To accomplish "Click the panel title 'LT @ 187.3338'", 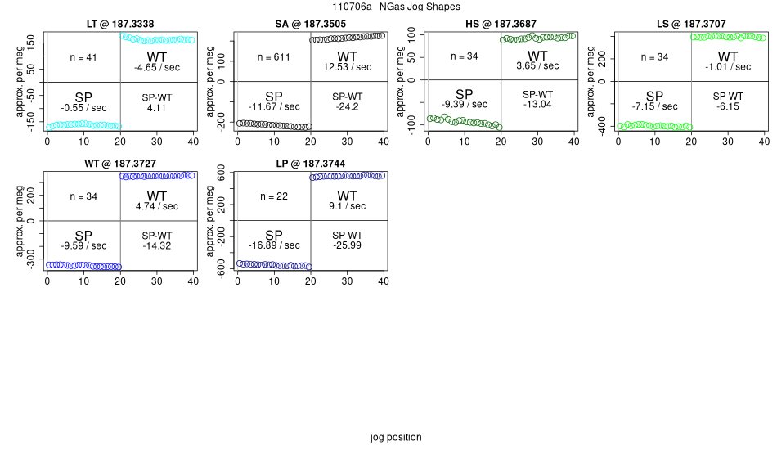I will [x=120, y=25].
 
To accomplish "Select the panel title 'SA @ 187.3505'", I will [x=310, y=25].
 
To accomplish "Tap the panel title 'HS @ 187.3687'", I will [x=501, y=25].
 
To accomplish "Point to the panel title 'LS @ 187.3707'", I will [x=691, y=25].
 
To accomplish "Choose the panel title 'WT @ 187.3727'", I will [x=120, y=164].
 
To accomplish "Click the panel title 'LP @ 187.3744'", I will [x=310, y=164].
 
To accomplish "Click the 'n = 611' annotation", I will [x=273, y=57].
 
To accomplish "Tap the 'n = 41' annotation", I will [x=83, y=57].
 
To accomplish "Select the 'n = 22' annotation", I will [x=273, y=196].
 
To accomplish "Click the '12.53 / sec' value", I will [x=348, y=67].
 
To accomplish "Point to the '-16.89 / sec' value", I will [x=273, y=245].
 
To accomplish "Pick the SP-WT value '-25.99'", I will [x=348, y=245].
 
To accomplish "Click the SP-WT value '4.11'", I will [x=157, y=107].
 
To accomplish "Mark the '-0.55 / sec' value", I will [x=83, y=107].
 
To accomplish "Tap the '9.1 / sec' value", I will [x=348, y=206].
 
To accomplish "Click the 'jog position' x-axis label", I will [x=396, y=437].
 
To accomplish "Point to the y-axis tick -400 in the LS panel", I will [x=604, y=124].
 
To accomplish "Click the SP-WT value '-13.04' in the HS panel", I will [x=537, y=104].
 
